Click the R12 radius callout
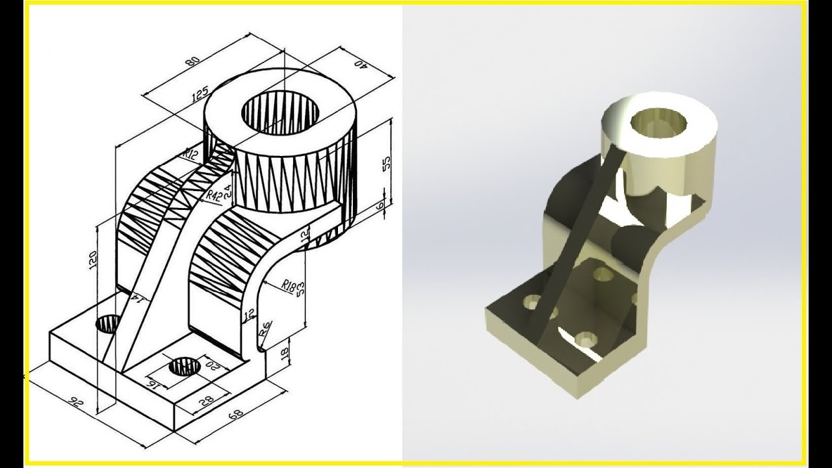tap(190, 155)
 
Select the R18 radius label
tap(290, 284)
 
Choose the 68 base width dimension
tap(241, 415)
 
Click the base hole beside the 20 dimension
tap(185, 369)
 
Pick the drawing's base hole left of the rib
tap(108, 323)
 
